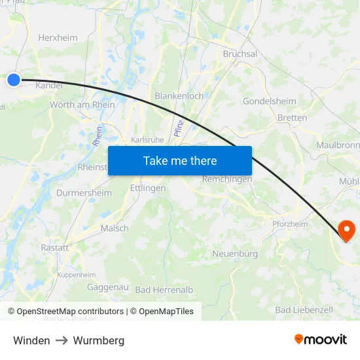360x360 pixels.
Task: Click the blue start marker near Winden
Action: [14, 80]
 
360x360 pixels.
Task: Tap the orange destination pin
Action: [346, 230]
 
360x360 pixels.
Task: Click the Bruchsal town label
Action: [240, 54]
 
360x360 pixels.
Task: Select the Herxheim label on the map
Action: [58, 38]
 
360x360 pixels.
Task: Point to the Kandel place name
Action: [49, 85]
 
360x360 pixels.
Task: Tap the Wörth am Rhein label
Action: [82, 105]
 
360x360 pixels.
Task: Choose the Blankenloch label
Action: [179, 96]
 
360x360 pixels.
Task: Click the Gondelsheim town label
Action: [269, 101]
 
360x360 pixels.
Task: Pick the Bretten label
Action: [292, 118]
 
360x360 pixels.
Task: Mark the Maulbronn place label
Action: [337, 145]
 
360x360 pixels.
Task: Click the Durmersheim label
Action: [84, 193]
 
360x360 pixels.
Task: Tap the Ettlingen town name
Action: [148, 188]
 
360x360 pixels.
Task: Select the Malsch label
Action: [115, 228]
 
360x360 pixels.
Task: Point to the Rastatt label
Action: [54, 248]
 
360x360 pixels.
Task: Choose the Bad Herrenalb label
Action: [164, 290]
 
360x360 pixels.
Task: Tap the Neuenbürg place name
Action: [235, 253]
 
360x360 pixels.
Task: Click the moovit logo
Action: [320, 340]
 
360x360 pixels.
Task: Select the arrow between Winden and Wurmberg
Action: [62, 340]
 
